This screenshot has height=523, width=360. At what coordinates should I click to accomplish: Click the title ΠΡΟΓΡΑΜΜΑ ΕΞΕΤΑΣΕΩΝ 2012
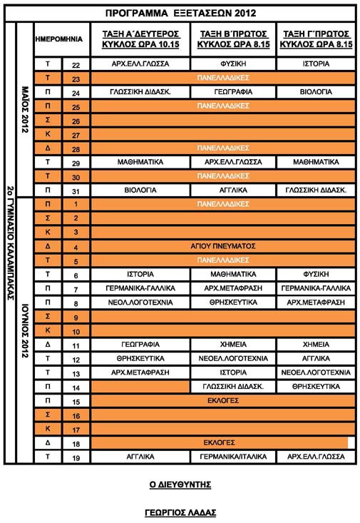(x=179, y=13)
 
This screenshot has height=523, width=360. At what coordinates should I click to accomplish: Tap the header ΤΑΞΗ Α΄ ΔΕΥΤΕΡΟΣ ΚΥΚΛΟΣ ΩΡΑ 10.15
(x=140, y=40)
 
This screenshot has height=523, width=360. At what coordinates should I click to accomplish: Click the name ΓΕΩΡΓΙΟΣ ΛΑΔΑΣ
(x=180, y=512)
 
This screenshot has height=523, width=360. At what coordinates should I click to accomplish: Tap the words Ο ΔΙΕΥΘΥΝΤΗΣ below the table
(x=180, y=484)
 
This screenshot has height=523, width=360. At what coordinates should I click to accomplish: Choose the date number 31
(x=76, y=191)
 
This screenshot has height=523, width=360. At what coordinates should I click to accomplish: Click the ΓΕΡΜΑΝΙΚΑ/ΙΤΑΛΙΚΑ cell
(x=232, y=457)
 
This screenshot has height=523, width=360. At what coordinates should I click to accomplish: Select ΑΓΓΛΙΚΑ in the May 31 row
(x=232, y=191)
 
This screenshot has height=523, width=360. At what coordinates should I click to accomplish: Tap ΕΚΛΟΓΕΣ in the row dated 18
(x=220, y=442)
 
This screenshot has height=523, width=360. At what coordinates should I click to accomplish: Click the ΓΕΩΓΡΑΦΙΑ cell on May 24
(x=232, y=93)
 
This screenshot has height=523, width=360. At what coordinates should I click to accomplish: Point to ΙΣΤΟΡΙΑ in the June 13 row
(x=232, y=372)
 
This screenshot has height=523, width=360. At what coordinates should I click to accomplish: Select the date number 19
(x=76, y=457)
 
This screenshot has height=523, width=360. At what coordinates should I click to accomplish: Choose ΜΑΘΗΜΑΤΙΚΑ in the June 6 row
(x=232, y=274)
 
